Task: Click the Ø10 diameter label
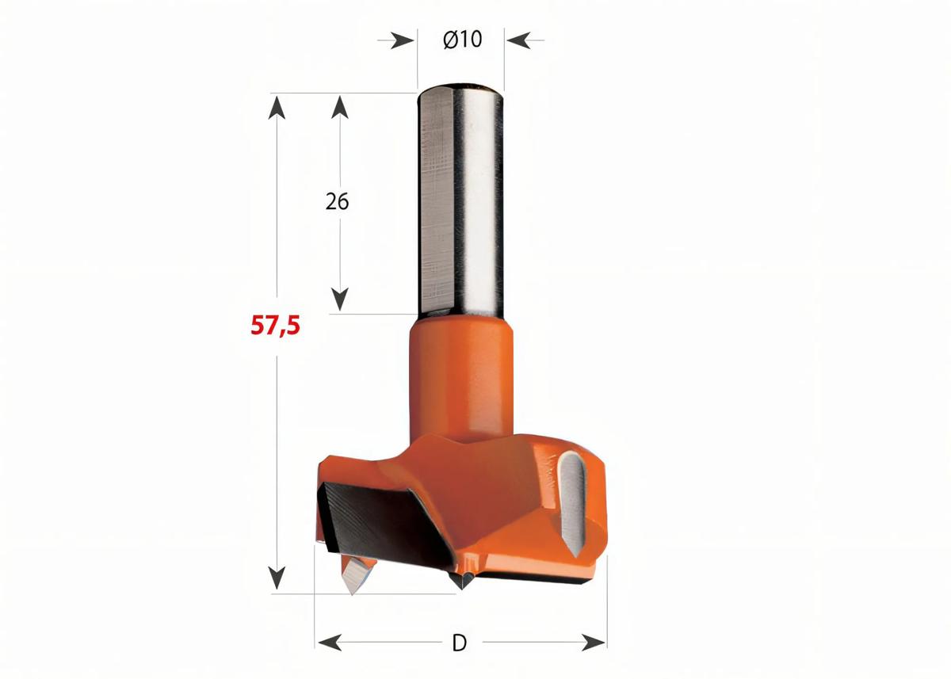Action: pos(463,39)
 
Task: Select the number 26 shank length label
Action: pos(337,201)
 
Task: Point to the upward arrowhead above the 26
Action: pos(340,107)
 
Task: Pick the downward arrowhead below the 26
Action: pos(340,299)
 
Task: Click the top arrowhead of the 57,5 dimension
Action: pos(276,105)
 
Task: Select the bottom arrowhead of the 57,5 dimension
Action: pos(276,579)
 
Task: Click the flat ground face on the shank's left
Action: pos(434,198)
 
